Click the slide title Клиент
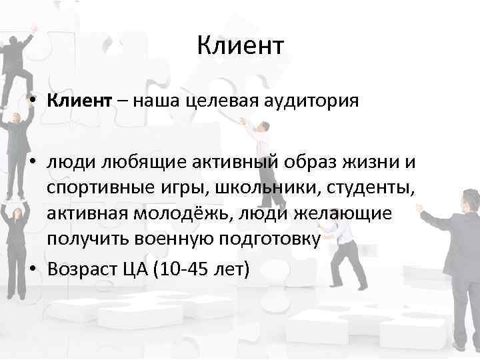[x=240, y=47]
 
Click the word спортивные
[x=101, y=189]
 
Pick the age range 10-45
[x=192, y=271]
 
